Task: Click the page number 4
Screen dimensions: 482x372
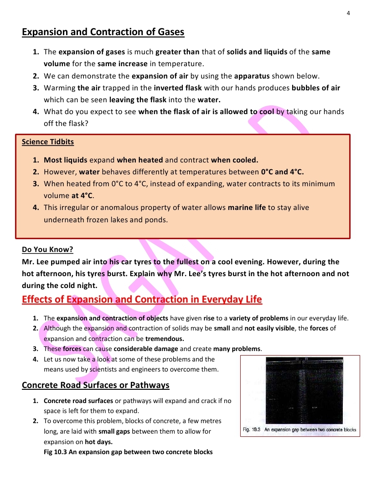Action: [x=348, y=13]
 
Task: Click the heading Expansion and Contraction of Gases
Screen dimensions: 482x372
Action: [x=103, y=32]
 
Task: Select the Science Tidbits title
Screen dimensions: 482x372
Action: [x=48, y=141]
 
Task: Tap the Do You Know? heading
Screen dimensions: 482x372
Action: [x=47, y=250]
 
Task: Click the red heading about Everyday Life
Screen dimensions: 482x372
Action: [x=142, y=299]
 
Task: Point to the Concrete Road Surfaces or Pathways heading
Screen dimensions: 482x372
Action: [x=96, y=385]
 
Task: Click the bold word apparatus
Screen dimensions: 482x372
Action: [x=253, y=76]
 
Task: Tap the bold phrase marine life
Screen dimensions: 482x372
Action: [x=247, y=208]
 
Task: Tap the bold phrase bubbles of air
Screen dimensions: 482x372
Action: [x=314, y=88]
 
